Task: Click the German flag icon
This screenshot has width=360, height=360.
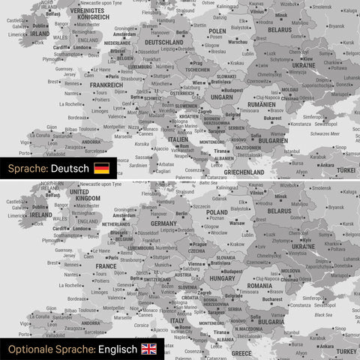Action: [x=101, y=168]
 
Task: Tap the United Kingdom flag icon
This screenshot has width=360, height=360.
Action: [x=149, y=349]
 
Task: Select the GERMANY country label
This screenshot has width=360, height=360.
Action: [x=163, y=223]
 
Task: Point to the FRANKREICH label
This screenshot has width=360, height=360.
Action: [x=106, y=85]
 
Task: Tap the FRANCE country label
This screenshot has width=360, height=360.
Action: [x=106, y=265]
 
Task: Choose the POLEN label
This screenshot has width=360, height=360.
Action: [x=217, y=31]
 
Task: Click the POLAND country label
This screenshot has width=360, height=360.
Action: [x=217, y=212]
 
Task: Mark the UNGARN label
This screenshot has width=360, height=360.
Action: [x=223, y=97]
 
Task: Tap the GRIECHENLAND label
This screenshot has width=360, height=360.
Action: [x=244, y=172]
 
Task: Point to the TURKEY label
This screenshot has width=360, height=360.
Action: [x=346, y=350]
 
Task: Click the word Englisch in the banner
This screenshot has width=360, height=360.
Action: [x=116, y=349]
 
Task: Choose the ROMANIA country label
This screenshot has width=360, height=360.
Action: [x=259, y=286]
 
